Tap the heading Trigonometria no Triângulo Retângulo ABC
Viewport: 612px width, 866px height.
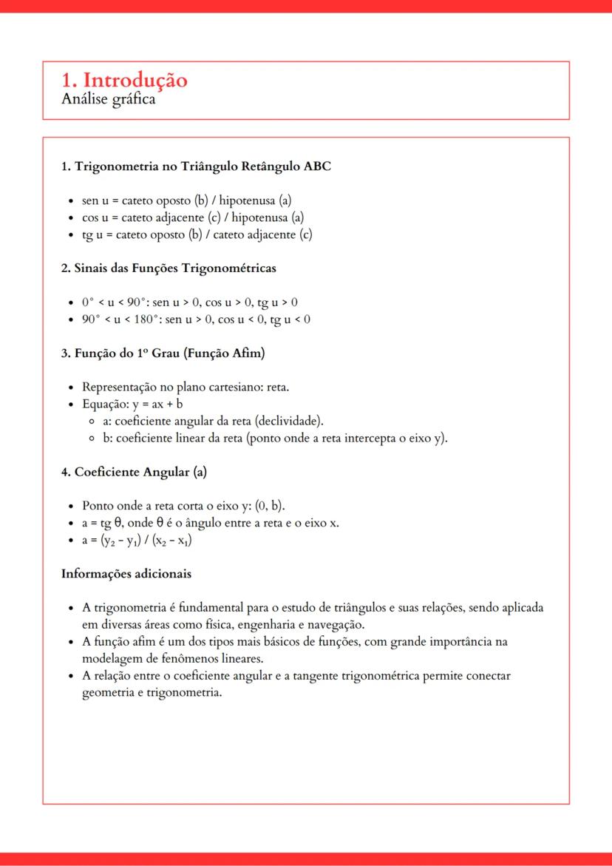tap(196, 166)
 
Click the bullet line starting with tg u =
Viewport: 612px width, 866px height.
tap(197, 235)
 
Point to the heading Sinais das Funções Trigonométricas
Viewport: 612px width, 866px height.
tap(169, 268)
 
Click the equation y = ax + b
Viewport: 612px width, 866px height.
tap(157, 405)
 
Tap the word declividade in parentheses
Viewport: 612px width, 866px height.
tap(288, 422)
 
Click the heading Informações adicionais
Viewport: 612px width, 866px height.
tap(126, 574)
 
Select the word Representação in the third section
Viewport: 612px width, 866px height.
tap(123, 388)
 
